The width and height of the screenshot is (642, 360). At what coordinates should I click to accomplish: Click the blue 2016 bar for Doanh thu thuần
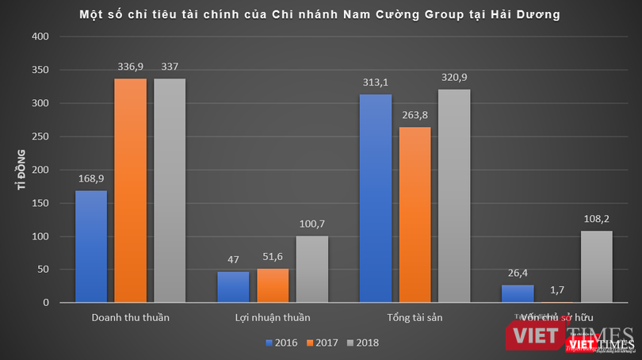91,246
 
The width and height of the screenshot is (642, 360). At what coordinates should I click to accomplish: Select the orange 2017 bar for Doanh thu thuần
130,190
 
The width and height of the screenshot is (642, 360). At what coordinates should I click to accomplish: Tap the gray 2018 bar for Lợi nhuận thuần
311,269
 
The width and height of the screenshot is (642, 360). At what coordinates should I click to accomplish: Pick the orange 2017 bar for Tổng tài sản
415,214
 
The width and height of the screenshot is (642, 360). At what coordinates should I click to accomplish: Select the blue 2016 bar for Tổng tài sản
376,198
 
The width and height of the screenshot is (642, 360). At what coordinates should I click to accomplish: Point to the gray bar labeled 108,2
596,266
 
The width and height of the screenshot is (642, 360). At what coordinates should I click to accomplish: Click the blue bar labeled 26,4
518,293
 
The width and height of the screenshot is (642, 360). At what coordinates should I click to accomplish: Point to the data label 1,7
557,291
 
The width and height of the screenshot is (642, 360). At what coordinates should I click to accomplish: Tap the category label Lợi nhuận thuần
273,318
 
